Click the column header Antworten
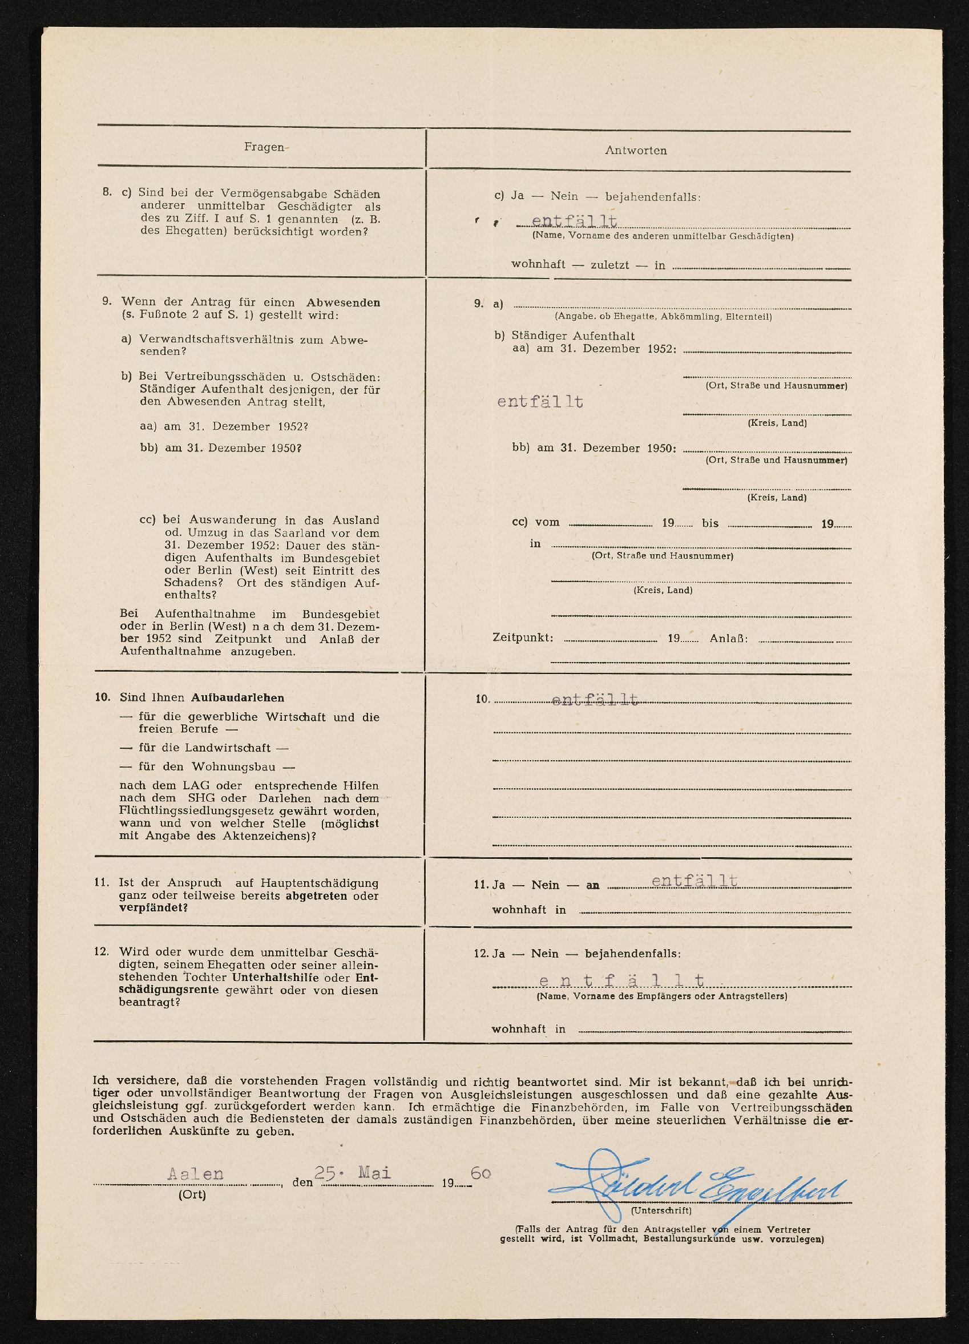pyautogui.click(x=635, y=151)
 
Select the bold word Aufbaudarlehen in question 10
pyautogui.click(x=237, y=698)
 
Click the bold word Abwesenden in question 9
pyautogui.click(x=343, y=303)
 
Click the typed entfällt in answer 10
pyautogui.click(x=595, y=700)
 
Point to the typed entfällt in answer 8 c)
pyautogui.click(x=574, y=221)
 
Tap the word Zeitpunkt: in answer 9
pyautogui.click(x=523, y=638)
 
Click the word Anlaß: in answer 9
pyautogui.click(x=728, y=638)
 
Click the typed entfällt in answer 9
pyautogui.click(x=540, y=402)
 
